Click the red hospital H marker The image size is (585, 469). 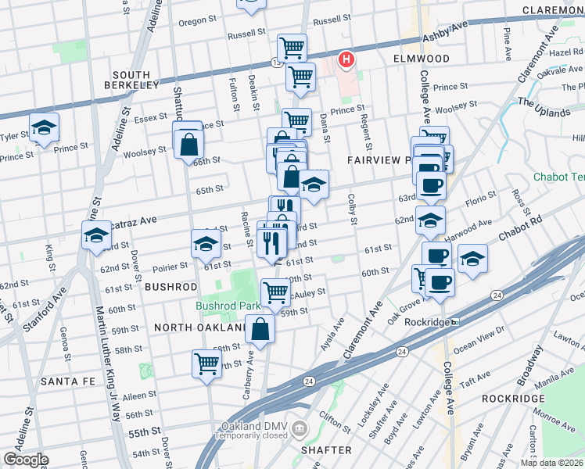click(x=345, y=59)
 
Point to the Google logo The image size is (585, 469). click(x=25, y=460)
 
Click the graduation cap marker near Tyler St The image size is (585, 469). click(x=45, y=127)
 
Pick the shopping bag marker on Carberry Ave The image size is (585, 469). click(x=260, y=330)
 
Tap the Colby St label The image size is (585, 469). click(x=352, y=210)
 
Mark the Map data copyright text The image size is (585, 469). click(x=552, y=463)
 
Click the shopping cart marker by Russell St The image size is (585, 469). click(x=292, y=48)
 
